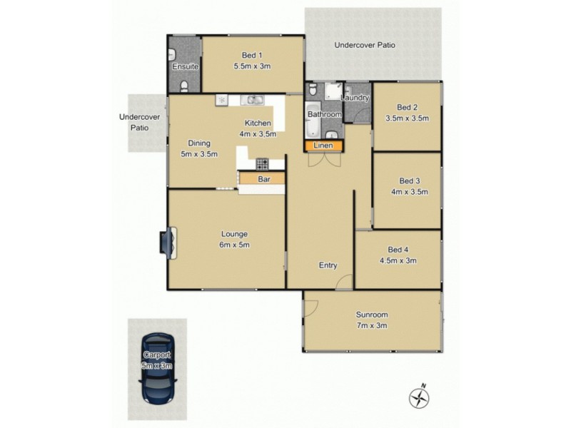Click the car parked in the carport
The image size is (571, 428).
coord(157,369)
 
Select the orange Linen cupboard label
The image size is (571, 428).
coord(324,146)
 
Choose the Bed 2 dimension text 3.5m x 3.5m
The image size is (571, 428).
coord(407,118)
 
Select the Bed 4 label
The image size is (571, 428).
coord(398,250)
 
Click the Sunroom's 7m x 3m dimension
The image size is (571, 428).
coord(371,325)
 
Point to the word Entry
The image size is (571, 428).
coord(328,265)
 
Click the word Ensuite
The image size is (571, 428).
coord(184,67)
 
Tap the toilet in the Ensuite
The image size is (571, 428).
coord(185,86)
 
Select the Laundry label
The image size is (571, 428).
coord(355,97)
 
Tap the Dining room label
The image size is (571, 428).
coord(199,143)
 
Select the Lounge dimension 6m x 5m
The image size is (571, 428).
coord(234,245)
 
